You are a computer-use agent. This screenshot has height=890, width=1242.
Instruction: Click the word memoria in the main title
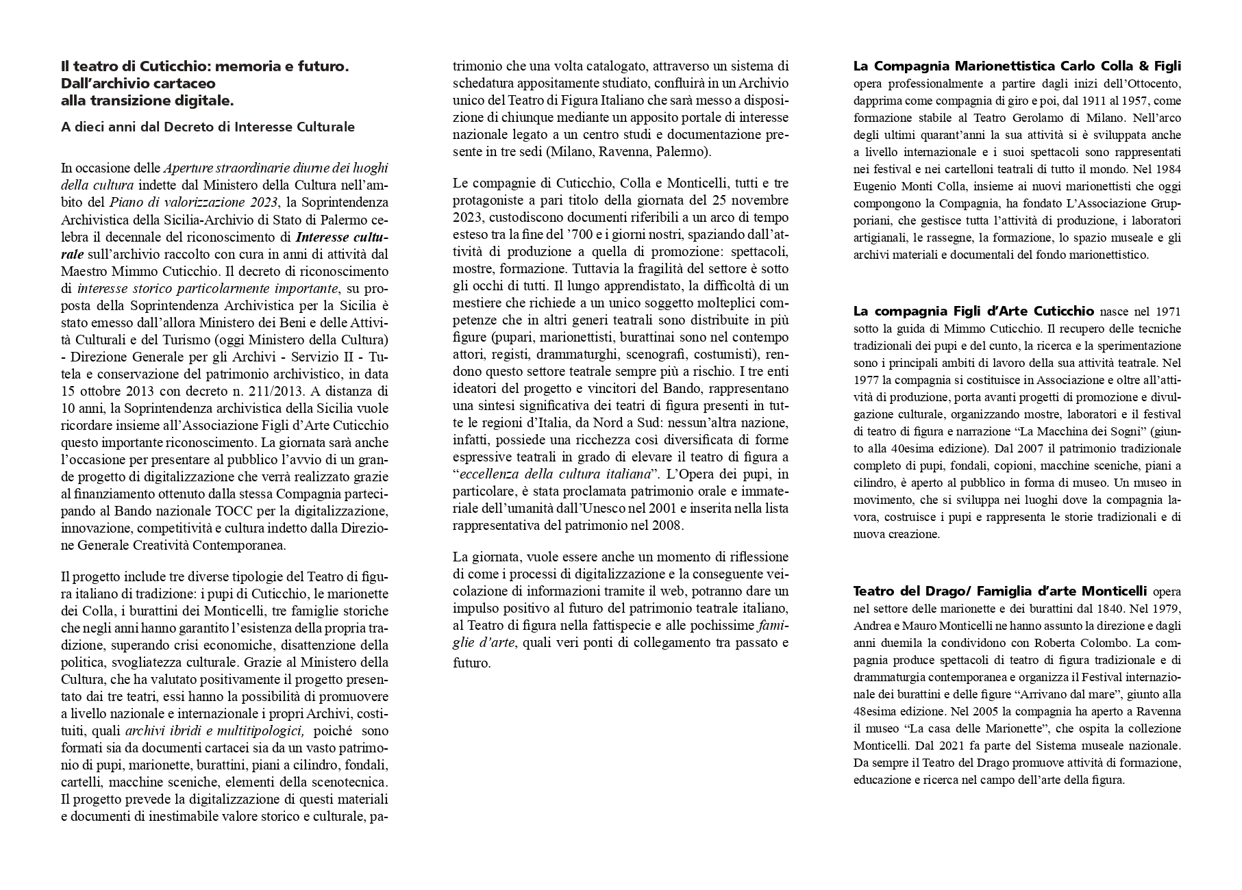tap(251, 66)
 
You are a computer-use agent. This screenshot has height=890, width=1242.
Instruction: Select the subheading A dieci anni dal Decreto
tap(208, 127)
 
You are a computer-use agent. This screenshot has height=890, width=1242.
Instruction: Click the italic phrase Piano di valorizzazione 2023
tap(194, 202)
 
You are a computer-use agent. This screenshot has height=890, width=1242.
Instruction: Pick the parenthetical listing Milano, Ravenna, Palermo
tap(629, 151)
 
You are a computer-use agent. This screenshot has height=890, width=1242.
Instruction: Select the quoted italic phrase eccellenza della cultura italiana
tap(555, 474)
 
